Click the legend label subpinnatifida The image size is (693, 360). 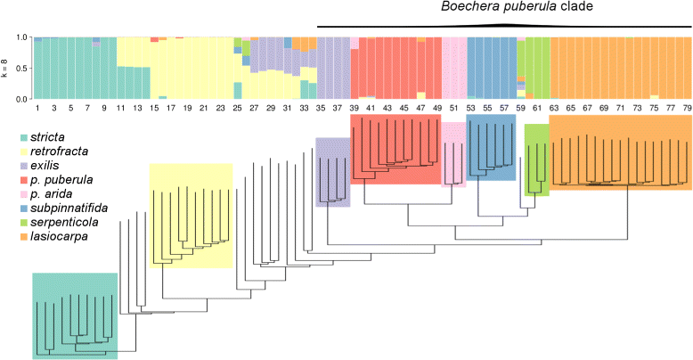coord(61,209)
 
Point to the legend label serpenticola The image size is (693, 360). coord(56,224)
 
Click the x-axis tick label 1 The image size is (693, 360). coord(37,108)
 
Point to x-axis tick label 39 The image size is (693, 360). coord(355,108)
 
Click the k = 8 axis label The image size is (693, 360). coord(6,69)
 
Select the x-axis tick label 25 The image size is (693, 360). coord(238,108)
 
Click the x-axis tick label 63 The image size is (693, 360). coord(554,108)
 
